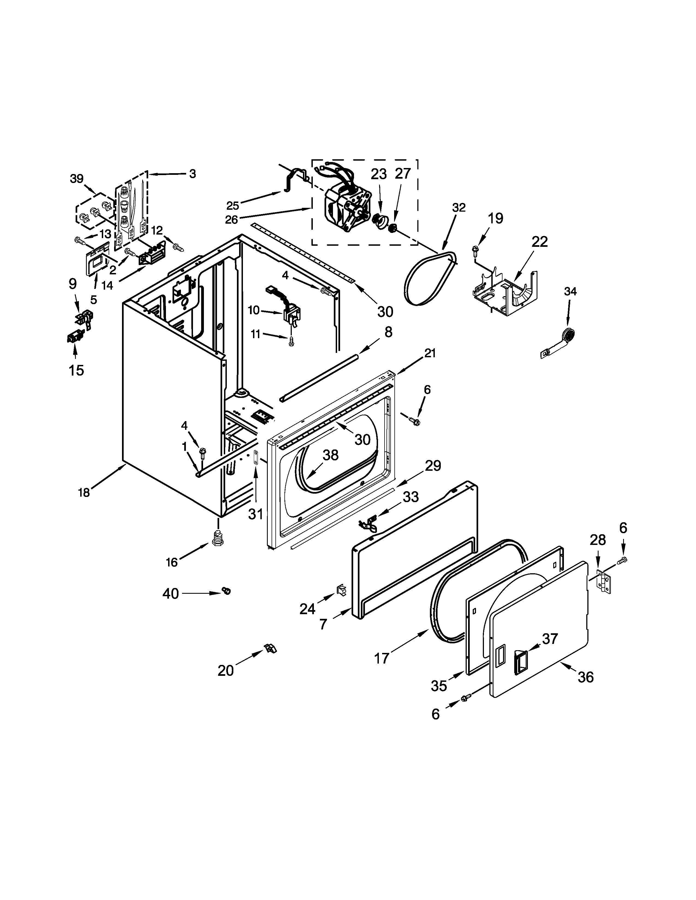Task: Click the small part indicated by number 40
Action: coord(226,591)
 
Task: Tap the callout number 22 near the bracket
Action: coord(539,241)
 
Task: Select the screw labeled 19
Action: coord(475,249)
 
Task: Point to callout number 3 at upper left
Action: coord(192,174)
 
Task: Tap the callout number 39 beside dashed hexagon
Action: coord(77,179)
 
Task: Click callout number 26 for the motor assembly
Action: coord(232,220)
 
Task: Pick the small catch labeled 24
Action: coord(342,590)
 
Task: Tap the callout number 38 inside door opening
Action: coord(330,455)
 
